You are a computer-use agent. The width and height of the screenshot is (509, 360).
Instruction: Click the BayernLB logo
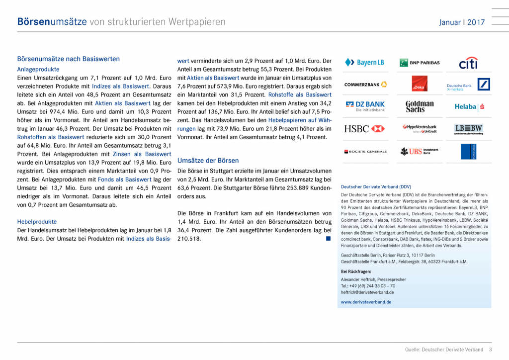364,63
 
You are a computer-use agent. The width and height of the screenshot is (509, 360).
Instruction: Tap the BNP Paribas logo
420,63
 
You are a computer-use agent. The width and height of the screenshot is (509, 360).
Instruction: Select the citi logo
468,63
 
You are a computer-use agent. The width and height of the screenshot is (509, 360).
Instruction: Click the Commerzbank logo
365,85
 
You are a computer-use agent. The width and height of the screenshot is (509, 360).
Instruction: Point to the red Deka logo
420,84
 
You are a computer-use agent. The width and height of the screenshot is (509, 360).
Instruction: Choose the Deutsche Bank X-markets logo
468,85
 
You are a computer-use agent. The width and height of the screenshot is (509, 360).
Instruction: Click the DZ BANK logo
365,106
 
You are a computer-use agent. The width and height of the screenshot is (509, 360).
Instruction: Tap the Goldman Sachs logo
420,106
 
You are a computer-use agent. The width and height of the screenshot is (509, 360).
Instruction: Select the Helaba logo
469,106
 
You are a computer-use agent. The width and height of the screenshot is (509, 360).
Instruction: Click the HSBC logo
365,129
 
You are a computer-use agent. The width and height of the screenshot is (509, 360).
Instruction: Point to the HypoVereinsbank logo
420,129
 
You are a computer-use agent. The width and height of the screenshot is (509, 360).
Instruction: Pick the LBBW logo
469,129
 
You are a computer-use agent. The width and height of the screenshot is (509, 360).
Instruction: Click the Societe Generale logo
365,151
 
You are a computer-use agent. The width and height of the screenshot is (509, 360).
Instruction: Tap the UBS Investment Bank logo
420,151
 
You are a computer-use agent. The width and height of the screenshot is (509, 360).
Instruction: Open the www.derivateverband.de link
366,302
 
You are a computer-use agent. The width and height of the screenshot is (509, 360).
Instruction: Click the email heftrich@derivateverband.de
367,292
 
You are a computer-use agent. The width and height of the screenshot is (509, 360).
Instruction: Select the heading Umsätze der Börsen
208,161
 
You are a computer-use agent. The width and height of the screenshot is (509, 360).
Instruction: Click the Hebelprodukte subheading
37,222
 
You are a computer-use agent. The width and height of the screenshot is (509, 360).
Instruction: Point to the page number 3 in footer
490,350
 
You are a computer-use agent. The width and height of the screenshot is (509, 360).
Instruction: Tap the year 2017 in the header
476,22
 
